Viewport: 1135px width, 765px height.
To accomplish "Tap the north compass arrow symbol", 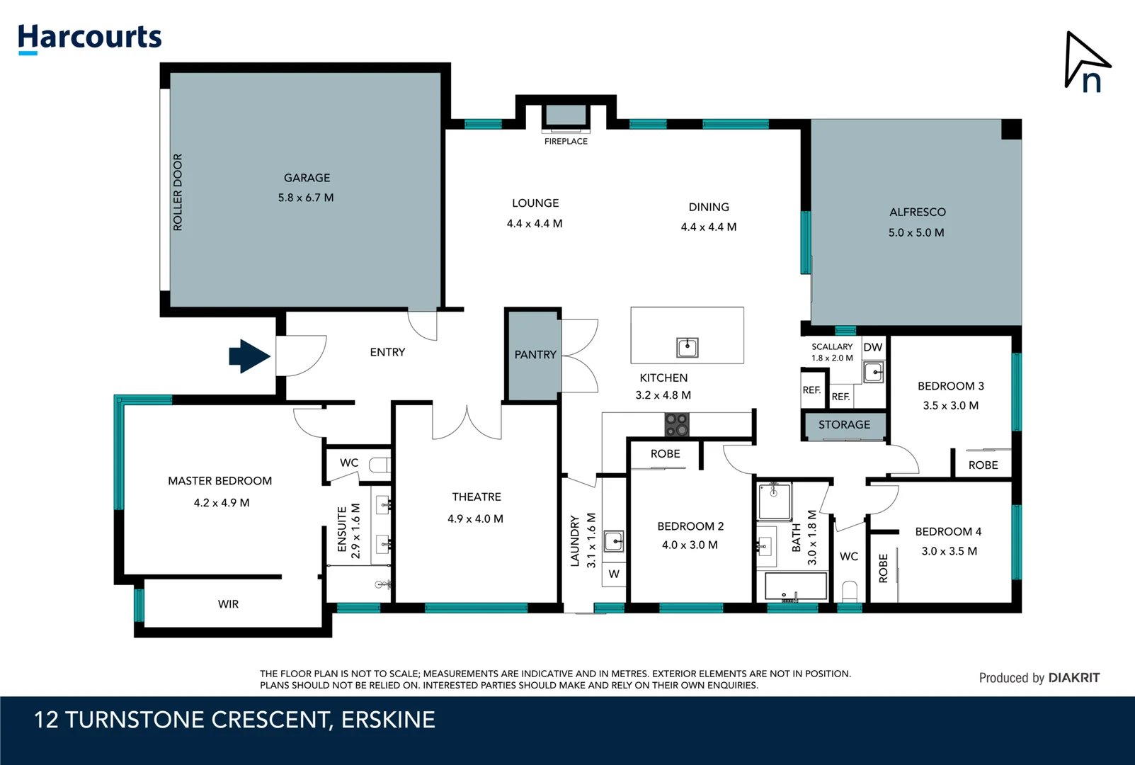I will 1085,63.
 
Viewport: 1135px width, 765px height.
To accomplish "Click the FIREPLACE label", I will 566,142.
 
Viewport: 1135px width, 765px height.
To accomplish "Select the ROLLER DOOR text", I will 178,192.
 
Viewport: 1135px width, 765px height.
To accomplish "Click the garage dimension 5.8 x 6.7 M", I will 306,198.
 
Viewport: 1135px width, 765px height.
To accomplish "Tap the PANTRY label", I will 535,355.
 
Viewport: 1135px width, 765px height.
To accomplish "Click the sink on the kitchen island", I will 687,347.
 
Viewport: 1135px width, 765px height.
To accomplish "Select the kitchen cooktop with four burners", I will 676,425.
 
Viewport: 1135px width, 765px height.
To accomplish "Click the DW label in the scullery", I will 872,347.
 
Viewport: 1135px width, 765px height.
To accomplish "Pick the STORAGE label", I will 844,425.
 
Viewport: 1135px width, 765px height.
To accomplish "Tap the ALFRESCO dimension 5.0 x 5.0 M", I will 916,232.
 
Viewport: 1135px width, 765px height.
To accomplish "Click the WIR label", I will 228,604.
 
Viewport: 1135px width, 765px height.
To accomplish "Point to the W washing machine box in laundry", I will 613,574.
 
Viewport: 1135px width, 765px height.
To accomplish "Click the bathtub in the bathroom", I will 796,586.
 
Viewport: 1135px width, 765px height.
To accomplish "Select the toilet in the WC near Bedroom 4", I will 850,591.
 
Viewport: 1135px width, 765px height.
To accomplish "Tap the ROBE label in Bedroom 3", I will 983,465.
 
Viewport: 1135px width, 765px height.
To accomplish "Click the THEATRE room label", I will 477,497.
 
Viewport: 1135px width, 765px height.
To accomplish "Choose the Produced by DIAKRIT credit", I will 1039,678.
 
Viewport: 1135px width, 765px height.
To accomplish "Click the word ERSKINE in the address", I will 388,720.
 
